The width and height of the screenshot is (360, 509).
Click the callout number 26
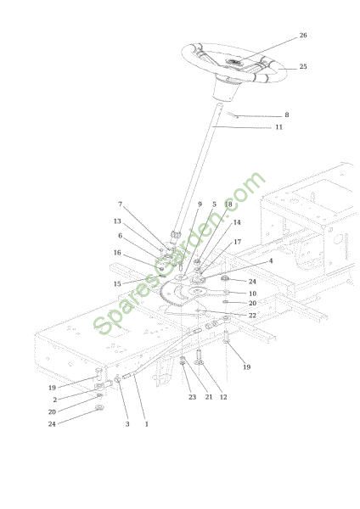coord(303,35)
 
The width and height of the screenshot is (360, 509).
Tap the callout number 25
coord(303,66)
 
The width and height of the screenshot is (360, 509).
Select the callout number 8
coord(287,115)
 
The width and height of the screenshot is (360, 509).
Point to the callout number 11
coord(278,127)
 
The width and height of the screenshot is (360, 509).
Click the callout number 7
coord(121,204)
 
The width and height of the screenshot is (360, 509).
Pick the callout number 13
coord(117,221)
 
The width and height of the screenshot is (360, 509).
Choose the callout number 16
coord(117,253)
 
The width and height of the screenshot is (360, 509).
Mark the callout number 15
coord(117,284)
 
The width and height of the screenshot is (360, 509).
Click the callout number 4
coord(271,261)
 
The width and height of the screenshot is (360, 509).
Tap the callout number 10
coord(252,294)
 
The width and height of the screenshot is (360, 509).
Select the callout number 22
coord(252,316)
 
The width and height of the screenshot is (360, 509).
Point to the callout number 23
coord(193,397)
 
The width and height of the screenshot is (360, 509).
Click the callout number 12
coord(223,397)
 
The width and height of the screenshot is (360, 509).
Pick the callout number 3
coord(127,424)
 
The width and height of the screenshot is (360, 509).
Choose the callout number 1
coord(147,424)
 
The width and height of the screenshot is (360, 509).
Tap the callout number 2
coord(55,400)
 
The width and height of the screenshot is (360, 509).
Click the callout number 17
coord(238,242)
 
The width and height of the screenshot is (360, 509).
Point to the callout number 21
coord(209,397)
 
